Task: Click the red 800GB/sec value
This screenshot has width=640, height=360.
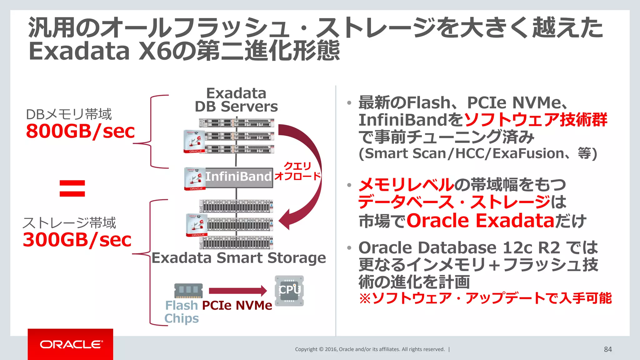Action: coord(80,131)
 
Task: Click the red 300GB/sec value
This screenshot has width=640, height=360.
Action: coord(77,240)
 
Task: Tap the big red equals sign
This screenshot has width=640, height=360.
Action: coord(72,188)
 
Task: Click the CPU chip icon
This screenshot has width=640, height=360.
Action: coord(289,290)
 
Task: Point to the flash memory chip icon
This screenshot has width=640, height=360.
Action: coord(188,291)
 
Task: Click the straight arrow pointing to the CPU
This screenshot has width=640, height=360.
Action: coord(237,291)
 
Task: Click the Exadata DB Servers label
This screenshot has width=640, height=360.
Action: coord(236,100)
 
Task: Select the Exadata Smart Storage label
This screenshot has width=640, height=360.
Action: coord(239,258)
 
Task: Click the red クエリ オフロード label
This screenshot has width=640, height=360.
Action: coord(297,171)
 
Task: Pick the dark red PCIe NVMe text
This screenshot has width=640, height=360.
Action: coord(237,306)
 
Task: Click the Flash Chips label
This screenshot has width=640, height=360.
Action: coord(182,312)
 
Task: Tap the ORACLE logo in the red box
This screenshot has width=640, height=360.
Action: coord(71,344)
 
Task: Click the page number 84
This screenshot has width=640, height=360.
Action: coord(608,349)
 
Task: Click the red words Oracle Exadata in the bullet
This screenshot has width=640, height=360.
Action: coord(480,221)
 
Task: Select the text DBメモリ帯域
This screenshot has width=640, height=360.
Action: coord(68,114)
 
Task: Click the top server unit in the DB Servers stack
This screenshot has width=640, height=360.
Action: coord(237,123)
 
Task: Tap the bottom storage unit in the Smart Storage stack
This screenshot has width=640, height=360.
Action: coord(237,242)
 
